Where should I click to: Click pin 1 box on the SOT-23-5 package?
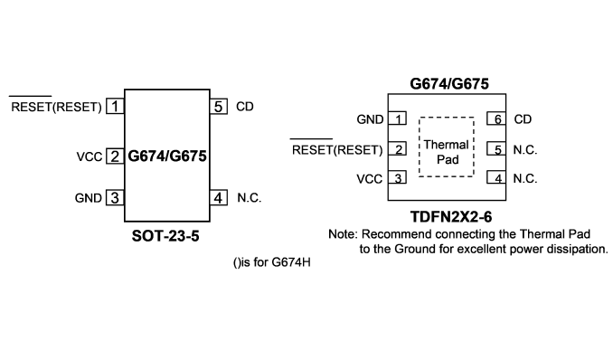[115, 107]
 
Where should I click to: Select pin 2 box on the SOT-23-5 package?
[115, 156]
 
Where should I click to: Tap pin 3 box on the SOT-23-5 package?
[115, 197]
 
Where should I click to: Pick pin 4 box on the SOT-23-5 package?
[219, 197]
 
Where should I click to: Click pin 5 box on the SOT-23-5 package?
[219, 107]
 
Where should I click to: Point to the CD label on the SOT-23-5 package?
[245, 107]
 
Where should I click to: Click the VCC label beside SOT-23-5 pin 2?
[90, 156]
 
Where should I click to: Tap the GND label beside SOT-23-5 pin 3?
[89, 198]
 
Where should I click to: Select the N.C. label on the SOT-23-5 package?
[249, 197]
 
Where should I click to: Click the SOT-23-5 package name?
[165, 236]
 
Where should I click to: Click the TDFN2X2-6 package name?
[451, 216]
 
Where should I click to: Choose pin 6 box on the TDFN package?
[496, 118]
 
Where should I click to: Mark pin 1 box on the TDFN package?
[397, 118]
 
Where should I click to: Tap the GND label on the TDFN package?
[370, 119]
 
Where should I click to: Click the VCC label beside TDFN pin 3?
[370, 179]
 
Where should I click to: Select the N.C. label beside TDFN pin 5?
[525, 149]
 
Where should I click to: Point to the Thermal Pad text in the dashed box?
[447, 152]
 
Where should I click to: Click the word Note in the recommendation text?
[343, 234]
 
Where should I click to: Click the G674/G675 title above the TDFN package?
[449, 84]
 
